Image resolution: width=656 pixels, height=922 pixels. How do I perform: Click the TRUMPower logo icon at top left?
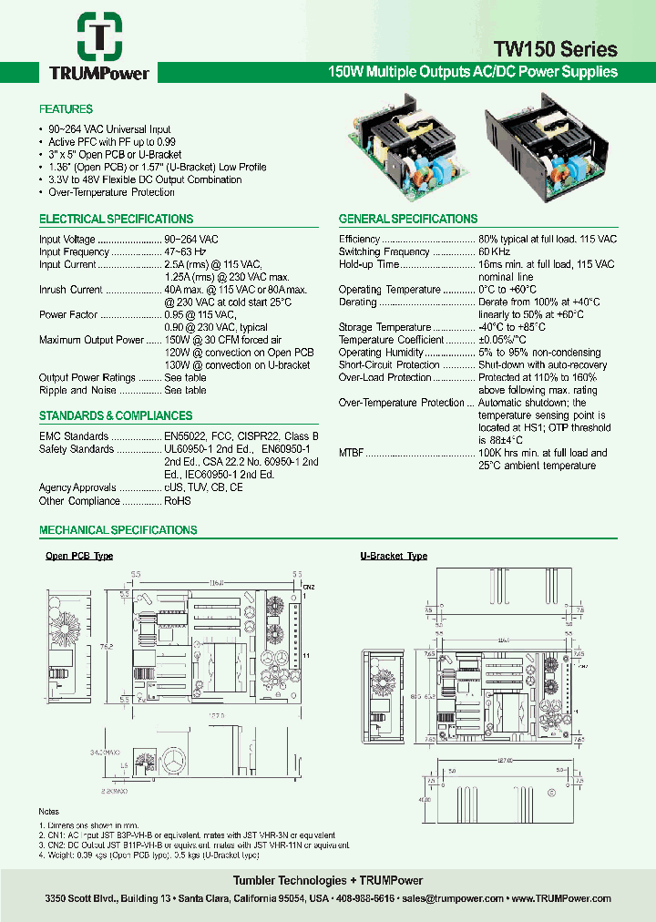point(94,36)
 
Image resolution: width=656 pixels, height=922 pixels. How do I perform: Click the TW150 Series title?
point(556,49)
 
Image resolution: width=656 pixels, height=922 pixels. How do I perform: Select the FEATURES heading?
point(66,109)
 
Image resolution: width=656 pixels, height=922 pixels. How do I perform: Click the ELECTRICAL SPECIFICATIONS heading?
point(116,220)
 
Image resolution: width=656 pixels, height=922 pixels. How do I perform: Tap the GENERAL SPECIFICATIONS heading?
point(408,220)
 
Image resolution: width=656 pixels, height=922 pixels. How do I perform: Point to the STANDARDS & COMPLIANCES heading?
point(116,416)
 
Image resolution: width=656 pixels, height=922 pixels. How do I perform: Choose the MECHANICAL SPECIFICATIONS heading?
point(118,530)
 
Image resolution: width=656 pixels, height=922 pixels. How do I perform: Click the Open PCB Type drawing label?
point(79,556)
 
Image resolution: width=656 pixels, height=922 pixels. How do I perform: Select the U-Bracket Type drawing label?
point(394,556)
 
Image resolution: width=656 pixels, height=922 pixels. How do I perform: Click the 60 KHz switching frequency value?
point(497,251)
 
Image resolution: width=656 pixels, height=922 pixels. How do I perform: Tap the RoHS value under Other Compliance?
point(178,501)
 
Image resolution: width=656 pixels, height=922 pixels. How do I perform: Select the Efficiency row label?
point(359,239)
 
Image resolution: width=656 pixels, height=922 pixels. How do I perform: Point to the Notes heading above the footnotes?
point(49,811)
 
